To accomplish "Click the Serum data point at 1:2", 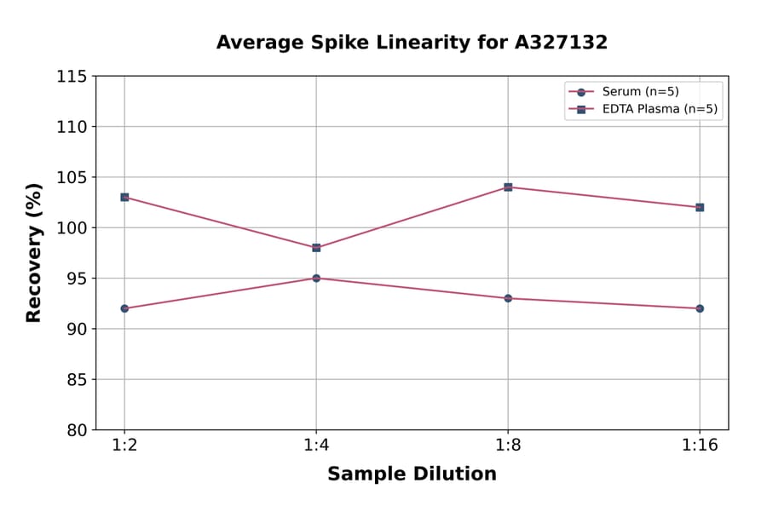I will (124, 308).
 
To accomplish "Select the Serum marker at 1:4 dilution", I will (316, 278).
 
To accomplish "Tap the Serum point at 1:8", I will (508, 298).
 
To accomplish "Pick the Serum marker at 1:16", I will (700, 308).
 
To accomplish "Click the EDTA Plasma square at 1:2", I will (124, 197).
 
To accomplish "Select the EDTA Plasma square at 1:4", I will (316, 248).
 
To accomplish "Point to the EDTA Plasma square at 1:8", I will (508, 187).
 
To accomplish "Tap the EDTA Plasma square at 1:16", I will (700, 207).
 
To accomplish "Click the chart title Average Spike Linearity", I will (412, 43).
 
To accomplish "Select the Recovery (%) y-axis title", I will (34, 252).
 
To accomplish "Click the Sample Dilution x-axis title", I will (412, 474).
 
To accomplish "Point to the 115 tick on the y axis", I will (72, 77).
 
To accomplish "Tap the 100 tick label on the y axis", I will (72, 228).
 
